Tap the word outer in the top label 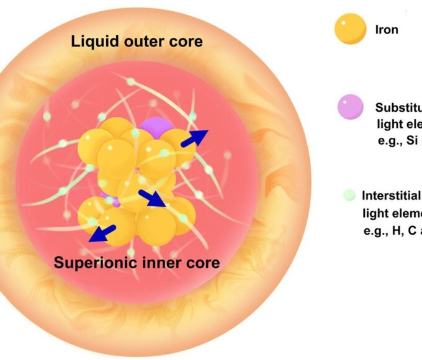point(137,42)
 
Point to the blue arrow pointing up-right point(195,138)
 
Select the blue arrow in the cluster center point(152,198)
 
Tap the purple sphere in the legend point(351,107)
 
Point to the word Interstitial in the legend point(391,196)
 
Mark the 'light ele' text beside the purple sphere point(398,124)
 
